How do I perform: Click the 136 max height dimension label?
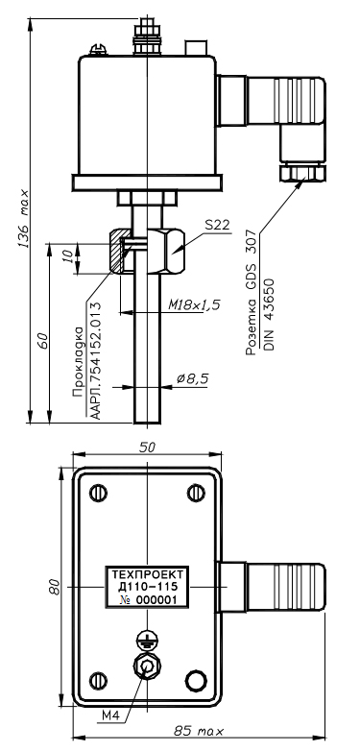click(23, 219)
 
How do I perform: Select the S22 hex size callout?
click(216, 225)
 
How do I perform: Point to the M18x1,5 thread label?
click(194, 304)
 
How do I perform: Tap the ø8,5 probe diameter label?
click(192, 378)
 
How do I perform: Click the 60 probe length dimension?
click(42, 341)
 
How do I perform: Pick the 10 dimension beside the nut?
click(69, 256)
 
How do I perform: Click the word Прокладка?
click(78, 363)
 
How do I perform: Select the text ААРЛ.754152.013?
click(96, 360)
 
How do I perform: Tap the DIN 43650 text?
click(269, 314)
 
